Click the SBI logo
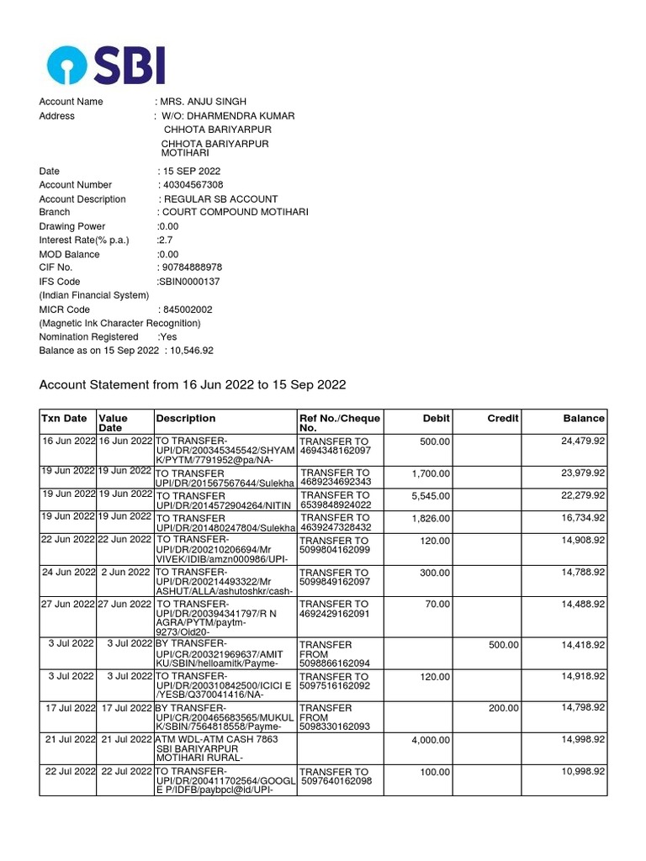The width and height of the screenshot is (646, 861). (106, 66)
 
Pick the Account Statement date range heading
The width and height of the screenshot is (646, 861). (193, 385)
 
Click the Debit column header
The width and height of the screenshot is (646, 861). (435, 418)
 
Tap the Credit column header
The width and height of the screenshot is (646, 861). (503, 418)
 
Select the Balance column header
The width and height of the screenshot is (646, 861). (584, 418)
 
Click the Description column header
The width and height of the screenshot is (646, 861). (186, 418)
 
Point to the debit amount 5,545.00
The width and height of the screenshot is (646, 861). (431, 496)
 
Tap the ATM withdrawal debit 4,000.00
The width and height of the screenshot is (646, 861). (431, 740)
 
